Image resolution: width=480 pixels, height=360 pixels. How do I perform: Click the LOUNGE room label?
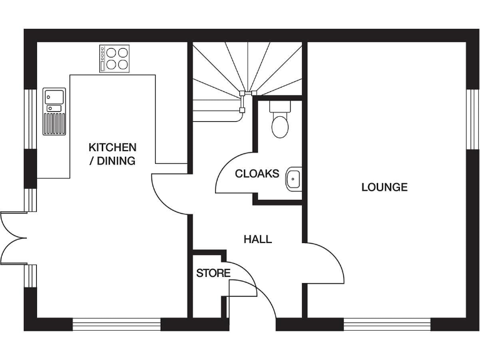pos(384,187)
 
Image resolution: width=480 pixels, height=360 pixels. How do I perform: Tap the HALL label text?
pos(257,239)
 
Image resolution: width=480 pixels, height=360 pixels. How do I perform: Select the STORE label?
pos(213,273)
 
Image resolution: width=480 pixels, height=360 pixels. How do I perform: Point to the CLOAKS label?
pos(257,174)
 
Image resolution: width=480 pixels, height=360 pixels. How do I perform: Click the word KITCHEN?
pos(112,147)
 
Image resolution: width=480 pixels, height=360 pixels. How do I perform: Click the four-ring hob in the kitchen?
pos(114,58)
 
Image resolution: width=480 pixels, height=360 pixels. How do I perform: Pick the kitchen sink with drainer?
pos(54,111)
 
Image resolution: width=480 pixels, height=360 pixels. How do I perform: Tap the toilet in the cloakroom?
pos(280,120)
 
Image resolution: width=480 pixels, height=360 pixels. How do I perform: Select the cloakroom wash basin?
pos(294,179)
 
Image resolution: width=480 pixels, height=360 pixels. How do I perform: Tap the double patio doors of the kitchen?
pos(12,237)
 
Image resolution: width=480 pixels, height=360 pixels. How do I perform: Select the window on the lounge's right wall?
pos(472,119)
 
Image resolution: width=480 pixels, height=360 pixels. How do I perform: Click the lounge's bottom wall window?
pos(387,324)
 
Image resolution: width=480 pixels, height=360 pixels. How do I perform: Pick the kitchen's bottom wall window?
pos(117,324)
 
